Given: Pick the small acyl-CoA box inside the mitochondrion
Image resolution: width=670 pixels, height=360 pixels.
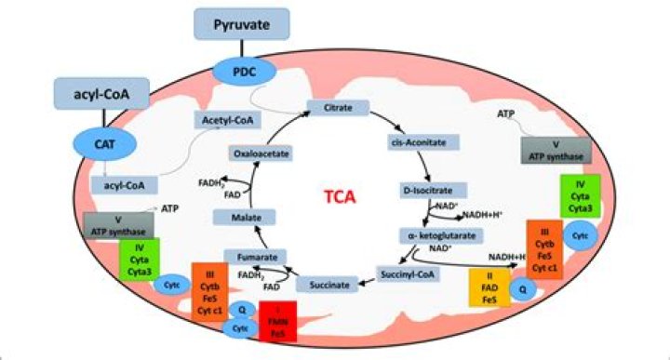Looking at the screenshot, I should pos(123,184).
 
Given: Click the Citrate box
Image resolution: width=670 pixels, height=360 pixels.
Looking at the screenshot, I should pos(338,110).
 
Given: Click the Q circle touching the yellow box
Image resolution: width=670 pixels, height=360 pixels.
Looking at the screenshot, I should pos(524,289).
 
